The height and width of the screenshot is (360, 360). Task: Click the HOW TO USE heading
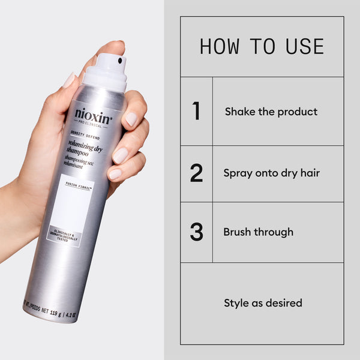pos(262,46)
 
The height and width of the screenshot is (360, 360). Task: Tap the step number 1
pos(196,112)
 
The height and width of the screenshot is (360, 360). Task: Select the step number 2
pos(196,173)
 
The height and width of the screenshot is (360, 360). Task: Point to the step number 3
pos(196,232)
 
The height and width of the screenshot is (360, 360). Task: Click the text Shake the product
pos(271,112)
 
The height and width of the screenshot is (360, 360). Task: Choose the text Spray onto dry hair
pos(271,173)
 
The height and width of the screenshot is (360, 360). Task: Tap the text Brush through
pos(258,232)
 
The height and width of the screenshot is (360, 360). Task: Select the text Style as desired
pos(263,303)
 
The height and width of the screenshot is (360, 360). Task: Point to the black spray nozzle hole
pos(121,61)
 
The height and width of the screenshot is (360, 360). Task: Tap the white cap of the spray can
pos(104,71)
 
